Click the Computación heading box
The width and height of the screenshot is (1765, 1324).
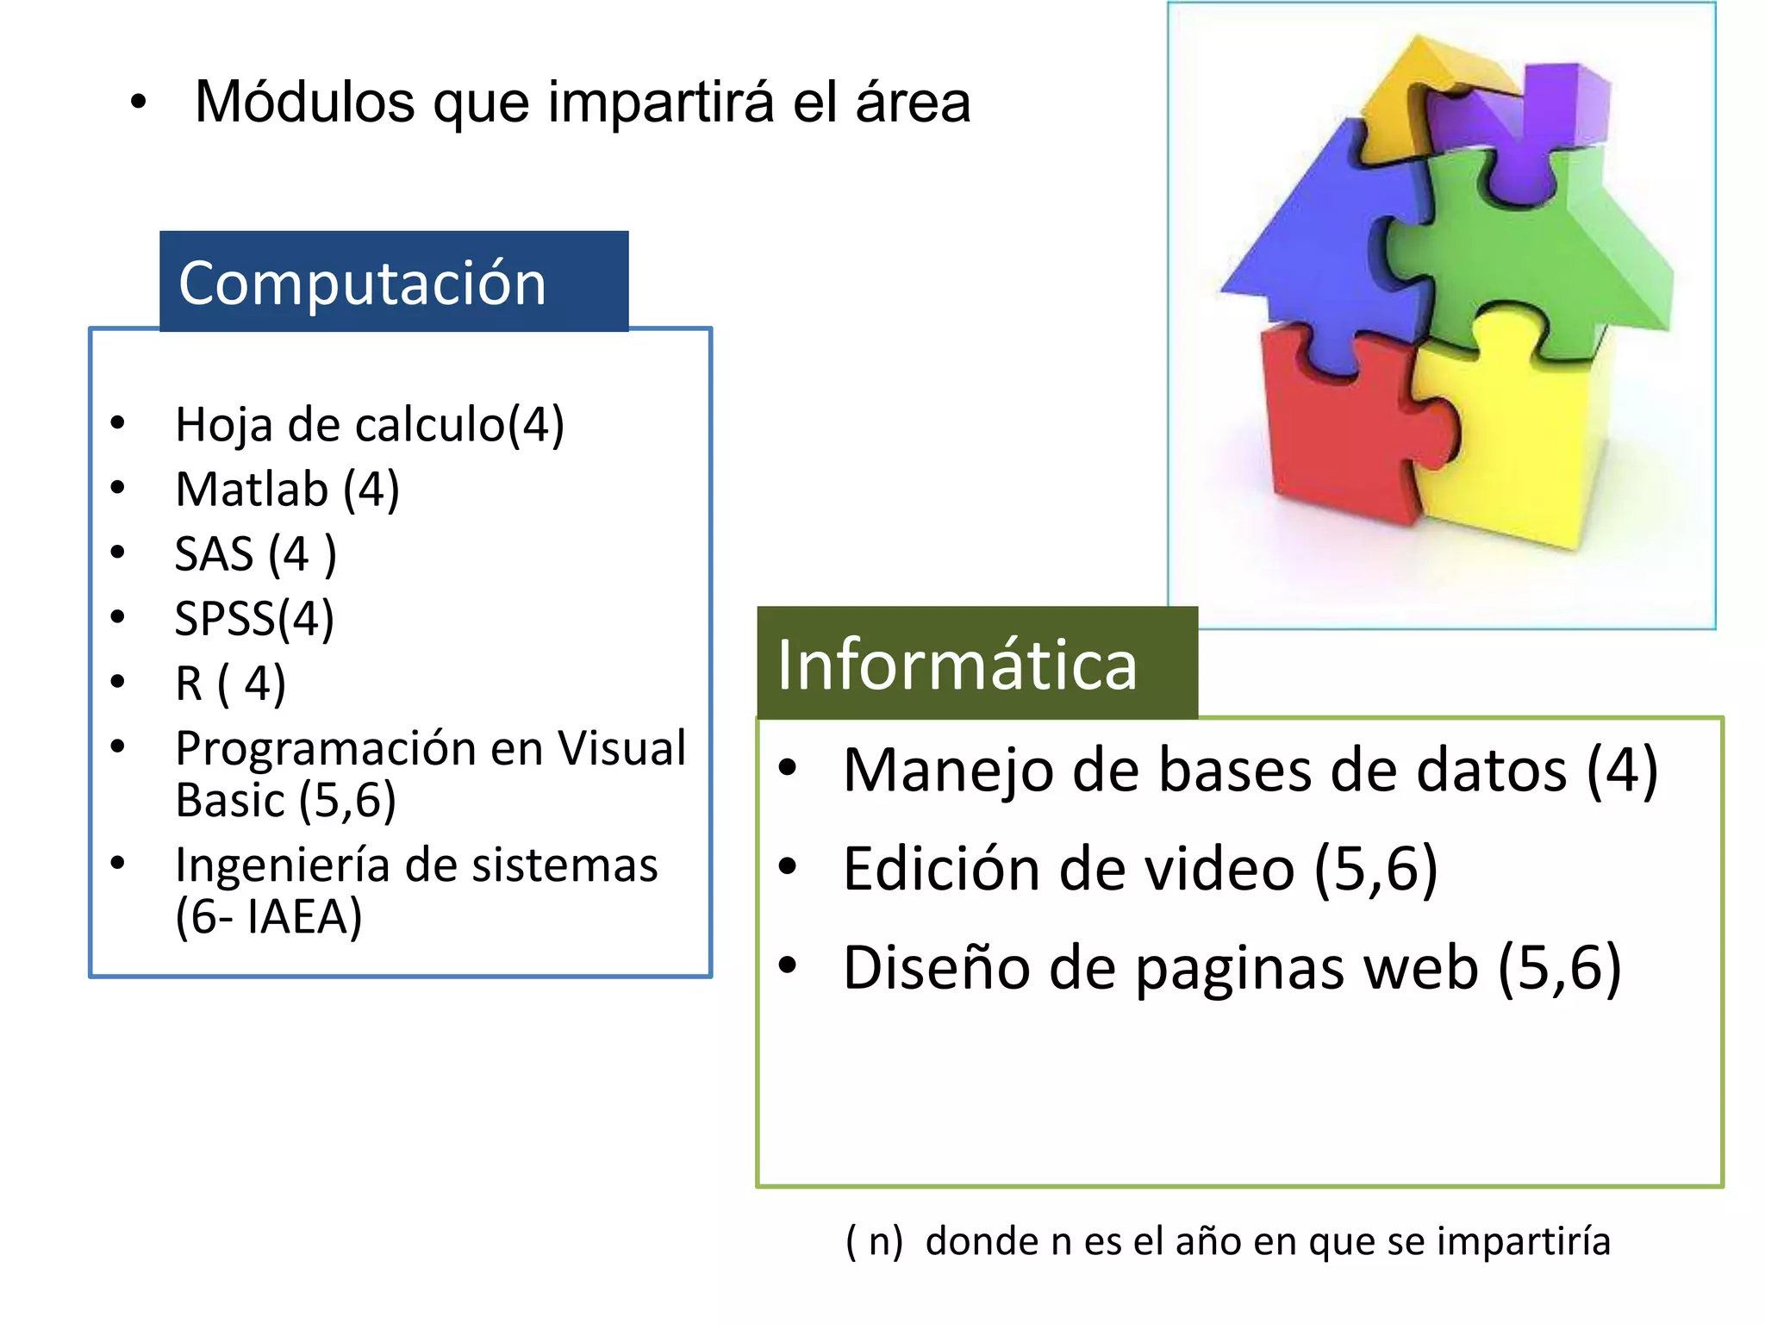(394, 281)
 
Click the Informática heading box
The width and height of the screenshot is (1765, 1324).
(976, 663)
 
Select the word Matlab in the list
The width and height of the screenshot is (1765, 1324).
(252, 490)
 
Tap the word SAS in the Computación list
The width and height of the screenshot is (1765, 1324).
(214, 554)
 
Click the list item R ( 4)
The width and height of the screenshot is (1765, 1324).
(230, 684)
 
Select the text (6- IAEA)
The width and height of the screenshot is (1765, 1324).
(268, 916)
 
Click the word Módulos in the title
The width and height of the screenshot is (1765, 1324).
(304, 102)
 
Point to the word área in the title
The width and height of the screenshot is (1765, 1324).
(913, 102)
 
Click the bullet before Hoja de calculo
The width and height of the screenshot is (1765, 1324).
(118, 423)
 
